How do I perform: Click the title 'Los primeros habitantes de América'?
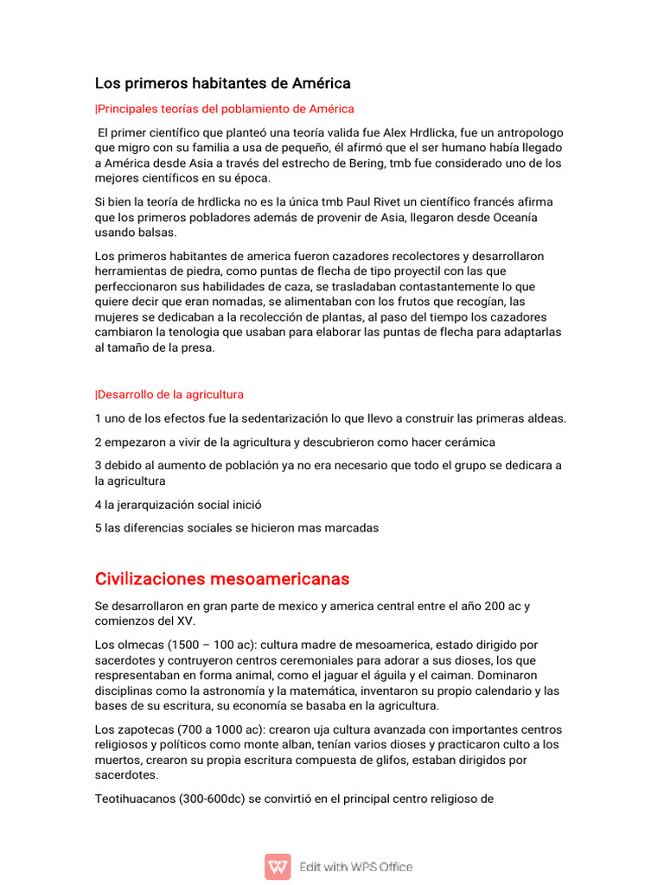click(222, 84)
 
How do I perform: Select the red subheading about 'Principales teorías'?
click(225, 109)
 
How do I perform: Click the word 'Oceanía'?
click(511, 218)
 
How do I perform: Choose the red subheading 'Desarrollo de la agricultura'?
click(169, 395)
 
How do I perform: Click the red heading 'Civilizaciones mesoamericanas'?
click(222, 578)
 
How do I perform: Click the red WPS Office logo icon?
click(278, 866)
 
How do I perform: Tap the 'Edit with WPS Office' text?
click(355, 867)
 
